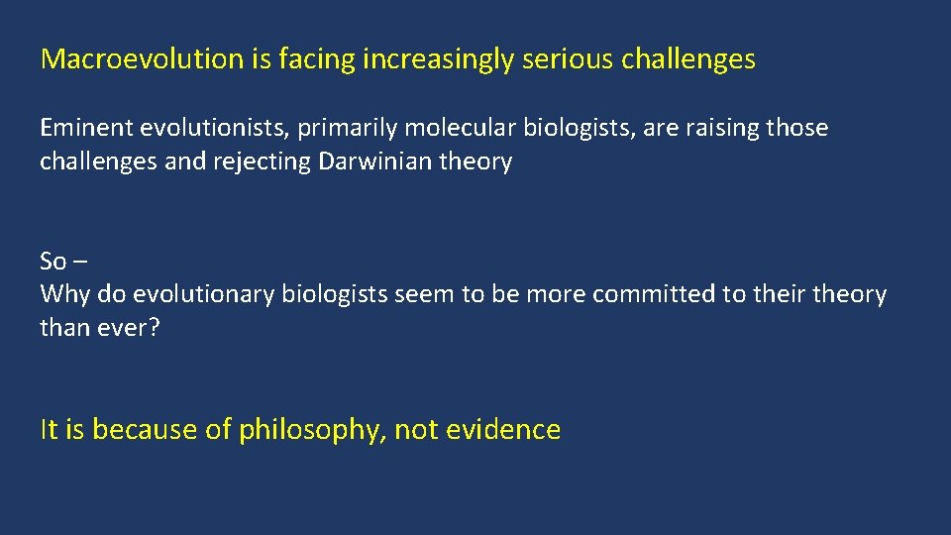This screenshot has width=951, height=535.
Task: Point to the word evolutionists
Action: (x=197, y=128)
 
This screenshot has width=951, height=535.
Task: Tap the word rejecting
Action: (x=262, y=162)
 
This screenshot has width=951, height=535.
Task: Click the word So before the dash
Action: (x=53, y=262)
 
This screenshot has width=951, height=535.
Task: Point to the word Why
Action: (x=58, y=295)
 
